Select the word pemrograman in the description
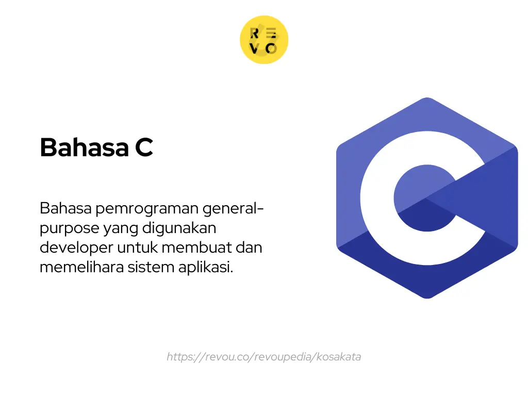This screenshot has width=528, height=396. click(x=146, y=209)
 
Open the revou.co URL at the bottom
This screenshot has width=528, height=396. click(x=263, y=357)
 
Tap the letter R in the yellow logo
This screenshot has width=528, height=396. click(x=255, y=34)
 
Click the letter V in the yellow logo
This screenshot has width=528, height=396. click(x=255, y=48)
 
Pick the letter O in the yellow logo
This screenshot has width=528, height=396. click(x=272, y=48)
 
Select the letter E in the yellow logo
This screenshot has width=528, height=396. click(x=272, y=34)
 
